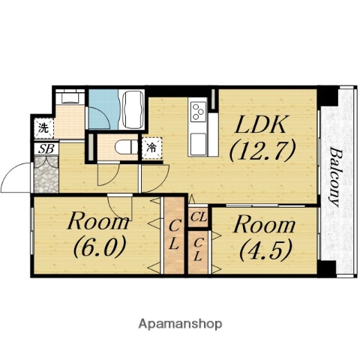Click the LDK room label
[x=261, y=124]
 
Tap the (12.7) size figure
[x=262, y=150]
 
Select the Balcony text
[x=335, y=177]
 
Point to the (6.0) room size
[x=99, y=246]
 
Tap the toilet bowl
[x=126, y=148]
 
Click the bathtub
[x=132, y=109]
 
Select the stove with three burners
[x=199, y=112]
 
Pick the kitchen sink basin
[x=199, y=145]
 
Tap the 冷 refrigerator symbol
[x=151, y=148]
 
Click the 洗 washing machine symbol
[x=44, y=128]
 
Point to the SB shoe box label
[x=47, y=149]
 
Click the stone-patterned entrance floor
[x=46, y=174]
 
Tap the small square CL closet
[x=199, y=217]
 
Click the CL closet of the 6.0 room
[x=174, y=235]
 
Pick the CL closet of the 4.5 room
[x=198, y=252]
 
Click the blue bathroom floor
[x=103, y=109]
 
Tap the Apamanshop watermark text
[x=180, y=324]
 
